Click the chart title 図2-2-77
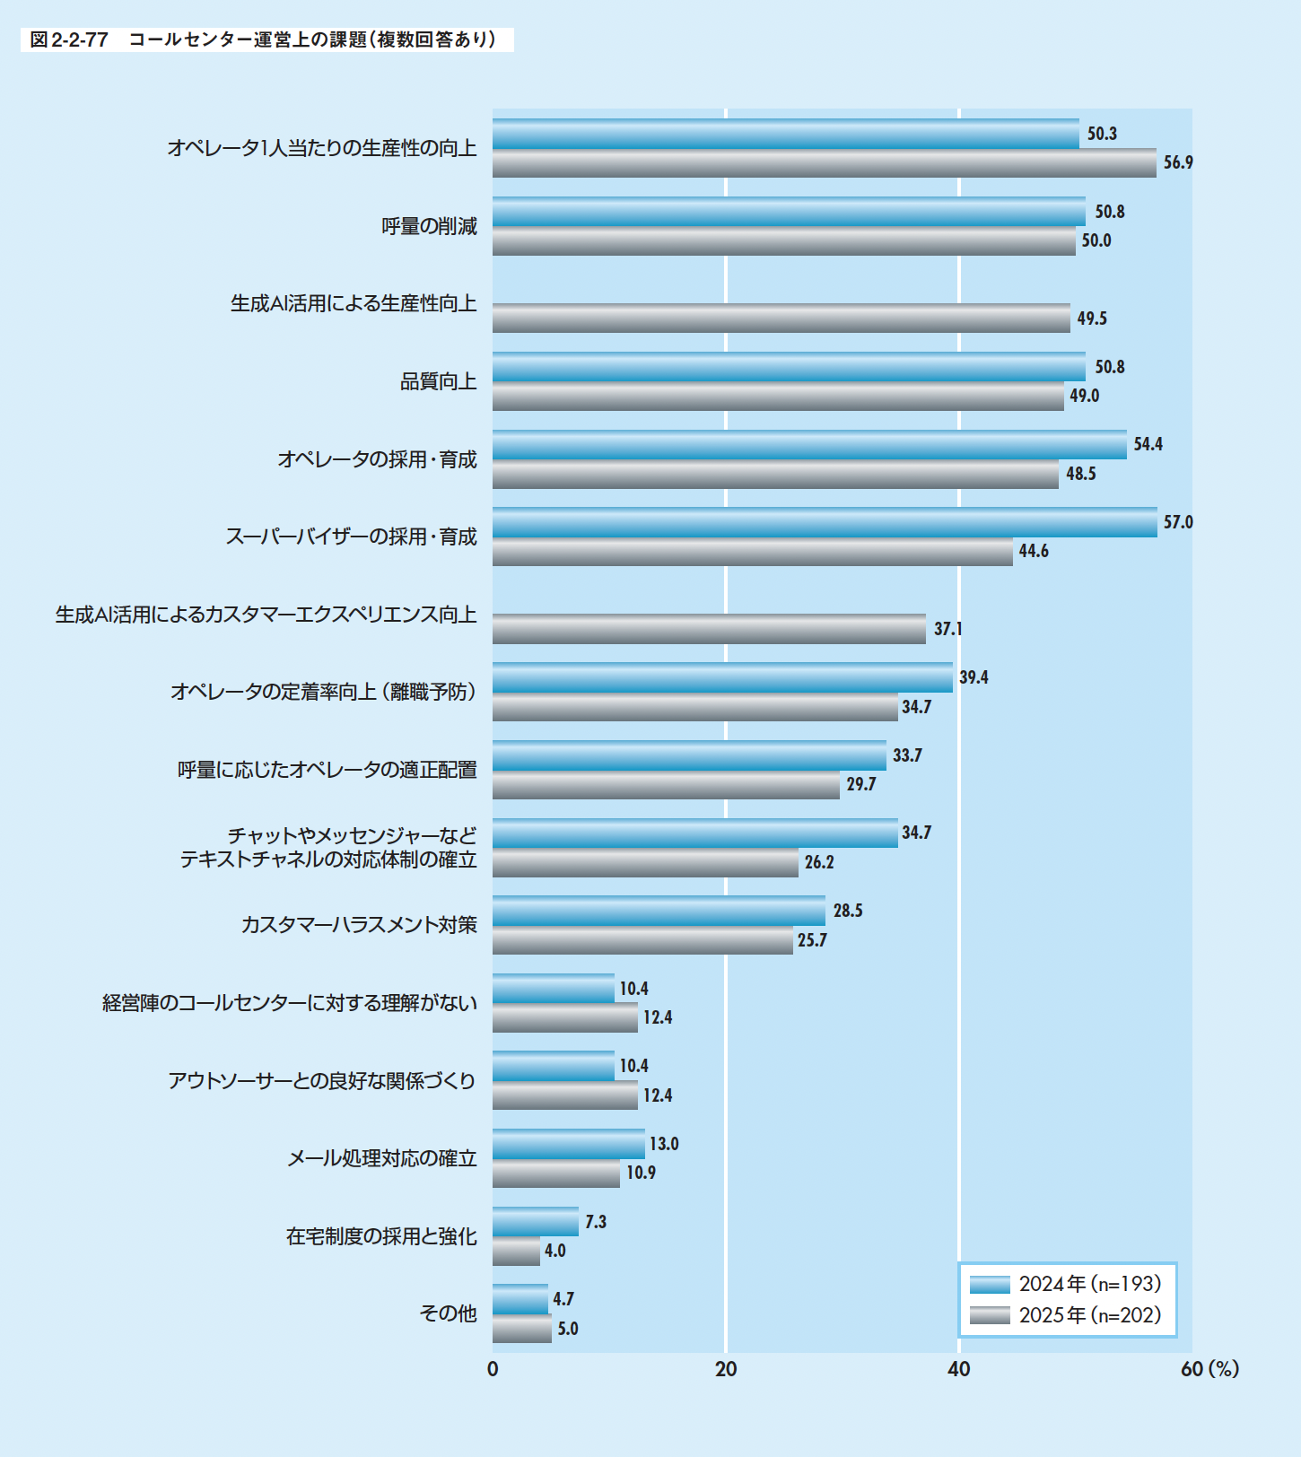(x=266, y=39)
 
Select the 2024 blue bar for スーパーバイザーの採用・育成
(x=824, y=522)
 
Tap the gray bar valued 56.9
(x=824, y=163)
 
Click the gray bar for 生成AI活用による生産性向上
(x=781, y=318)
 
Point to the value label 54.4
(x=1148, y=444)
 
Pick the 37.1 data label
(x=947, y=629)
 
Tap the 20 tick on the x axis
(x=726, y=1369)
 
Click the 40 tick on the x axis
(x=959, y=1369)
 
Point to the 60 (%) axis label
(x=1209, y=1369)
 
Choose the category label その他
(x=448, y=1313)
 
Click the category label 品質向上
(x=438, y=382)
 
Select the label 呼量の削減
(x=429, y=226)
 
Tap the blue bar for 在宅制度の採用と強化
(x=535, y=1221)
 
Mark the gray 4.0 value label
(x=555, y=1251)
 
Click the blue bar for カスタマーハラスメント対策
(x=659, y=911)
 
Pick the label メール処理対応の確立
(x=381, y=1158)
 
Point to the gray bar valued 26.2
(x=645, y=863)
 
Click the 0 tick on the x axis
(x=493, y=1369)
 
